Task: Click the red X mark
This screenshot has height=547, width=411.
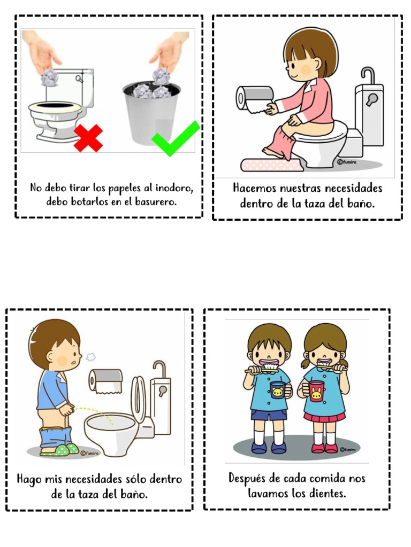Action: click(88, 138)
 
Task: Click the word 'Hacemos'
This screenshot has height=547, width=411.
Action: click(254, 189)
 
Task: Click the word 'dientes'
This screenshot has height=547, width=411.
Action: click(327, 493)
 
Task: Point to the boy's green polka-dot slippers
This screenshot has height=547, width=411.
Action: click(60, 450)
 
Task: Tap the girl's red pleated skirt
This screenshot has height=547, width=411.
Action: click(324, 417)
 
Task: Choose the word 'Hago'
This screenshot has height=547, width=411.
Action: click(29, 479)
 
